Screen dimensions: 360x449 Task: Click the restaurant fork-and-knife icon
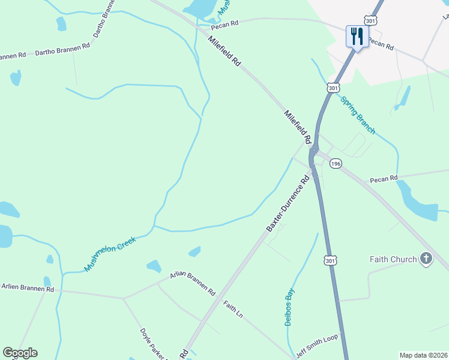click(x=357, y=37)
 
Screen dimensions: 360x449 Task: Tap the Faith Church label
click(x=393, y=259)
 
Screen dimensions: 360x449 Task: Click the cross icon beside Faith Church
click(x=426, y=259)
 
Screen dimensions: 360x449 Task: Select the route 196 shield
click(x=336, y=164)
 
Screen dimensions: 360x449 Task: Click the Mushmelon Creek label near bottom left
click(x=110, y=254)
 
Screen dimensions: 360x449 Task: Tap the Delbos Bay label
click(x=289, y=306)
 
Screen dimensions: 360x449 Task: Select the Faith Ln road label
click(x=233, y=310)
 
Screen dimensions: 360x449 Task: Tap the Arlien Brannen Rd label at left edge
click(x=26, y=289)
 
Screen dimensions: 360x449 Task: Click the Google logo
click(x=20, y=353)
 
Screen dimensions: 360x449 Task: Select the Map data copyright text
click(x=423, y=355)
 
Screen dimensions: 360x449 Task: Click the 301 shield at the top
click(x=370, y=21)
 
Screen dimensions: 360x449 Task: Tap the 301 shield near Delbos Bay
click(x=330, y=260)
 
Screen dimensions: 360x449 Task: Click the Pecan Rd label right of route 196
click(x=384, y=179)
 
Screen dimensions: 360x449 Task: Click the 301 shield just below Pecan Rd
click(x=333, y=88)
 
